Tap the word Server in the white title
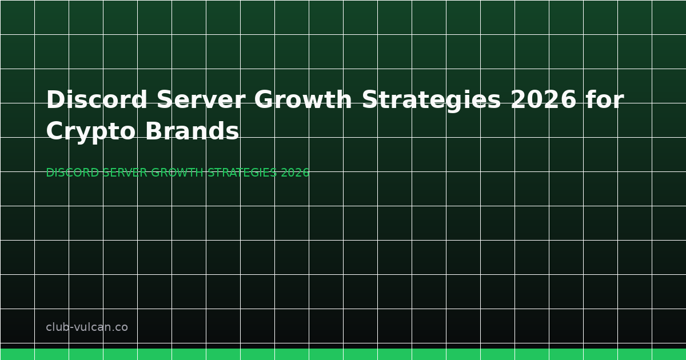click(x=201, y=100)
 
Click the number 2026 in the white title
click(x=543, y=100)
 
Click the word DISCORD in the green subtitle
click(x=72, y=173)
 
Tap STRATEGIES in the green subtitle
click(x=242, y=173)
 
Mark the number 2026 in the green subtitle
click(x=295, y=173)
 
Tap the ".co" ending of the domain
click(x=120, y=328)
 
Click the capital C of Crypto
click(x=55, y=132)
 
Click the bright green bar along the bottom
click(x=343, y=354)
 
